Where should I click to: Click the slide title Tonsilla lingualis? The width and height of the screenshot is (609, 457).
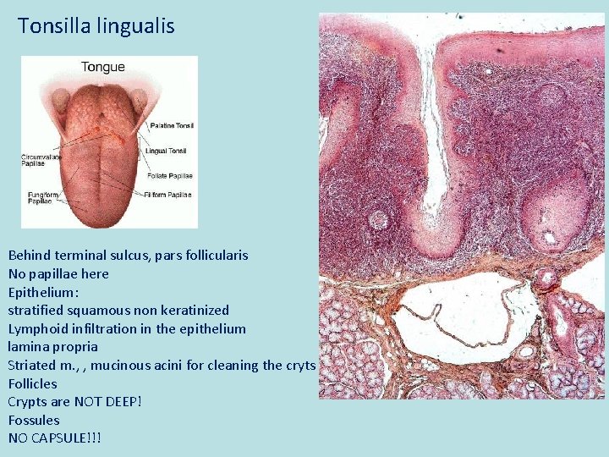tap(96, 26)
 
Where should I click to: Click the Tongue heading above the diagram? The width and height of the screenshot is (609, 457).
tap(102, 67)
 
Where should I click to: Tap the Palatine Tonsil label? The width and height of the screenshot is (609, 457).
tap(173, 125)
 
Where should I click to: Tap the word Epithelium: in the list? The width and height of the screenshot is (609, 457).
tap(43, 292)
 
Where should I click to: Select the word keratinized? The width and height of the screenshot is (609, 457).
tap(194, 310)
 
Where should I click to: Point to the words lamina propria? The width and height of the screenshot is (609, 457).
tap(52, 346)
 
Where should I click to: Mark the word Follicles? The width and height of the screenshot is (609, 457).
tap(32, 383)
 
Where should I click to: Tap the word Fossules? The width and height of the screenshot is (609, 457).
tap(34, 420)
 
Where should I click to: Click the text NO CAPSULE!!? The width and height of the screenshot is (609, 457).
tap(54, 438)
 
